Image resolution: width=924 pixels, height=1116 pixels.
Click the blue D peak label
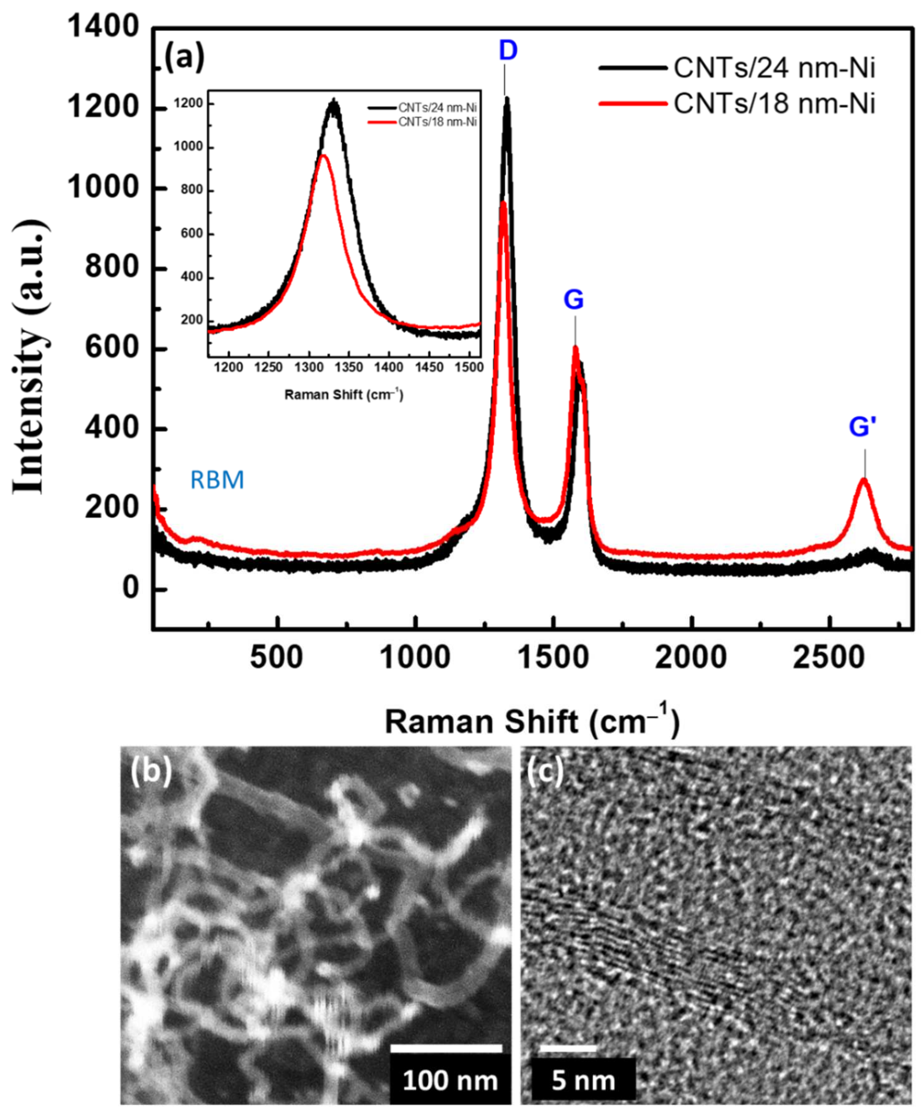(x=508, y=51)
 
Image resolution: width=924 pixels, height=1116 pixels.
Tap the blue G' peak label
(x=861, y=427)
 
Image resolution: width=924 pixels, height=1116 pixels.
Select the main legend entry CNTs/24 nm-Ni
(x=774, y=69)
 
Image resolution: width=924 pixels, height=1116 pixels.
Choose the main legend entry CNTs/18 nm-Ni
(x=774, y=104)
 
